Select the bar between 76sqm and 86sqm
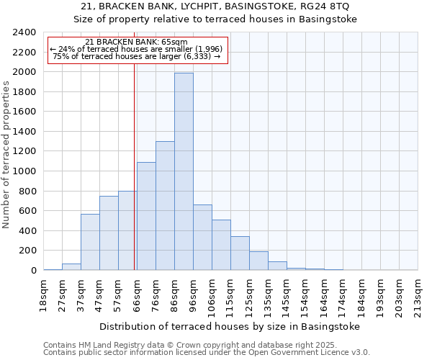pyautogui.click(x=165, y=206)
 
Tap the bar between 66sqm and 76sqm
pyautogui.click(x=146, y=216)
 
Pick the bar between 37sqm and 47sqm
pyautogui.click(x=90, y=242)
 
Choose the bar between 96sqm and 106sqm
pyautogui.click(x=202, y=238)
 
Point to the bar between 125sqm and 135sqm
pyautogui.click(x=258, y=261)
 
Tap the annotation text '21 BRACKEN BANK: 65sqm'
pyautogui.click(x=136, y=42)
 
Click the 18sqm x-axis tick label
pyautogui.click(x=43, y=293)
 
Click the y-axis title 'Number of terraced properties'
pyautogui.click(x=6, y=155)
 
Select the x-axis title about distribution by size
pyautogui.click(x=229, y=326)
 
